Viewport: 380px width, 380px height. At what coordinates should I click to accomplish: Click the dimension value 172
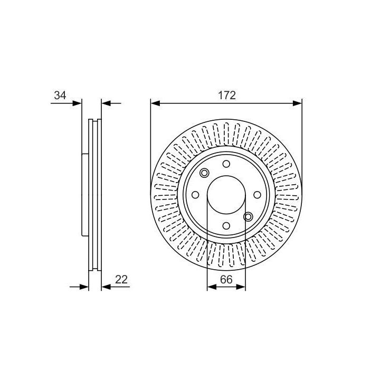[227, 95]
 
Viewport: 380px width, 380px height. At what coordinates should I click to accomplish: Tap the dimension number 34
[60, 95]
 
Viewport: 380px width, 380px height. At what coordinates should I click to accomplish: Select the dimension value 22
[121, 280]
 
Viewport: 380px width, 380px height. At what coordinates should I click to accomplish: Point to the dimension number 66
[226, 280]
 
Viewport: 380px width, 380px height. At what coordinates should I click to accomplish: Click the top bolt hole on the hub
[226, 164]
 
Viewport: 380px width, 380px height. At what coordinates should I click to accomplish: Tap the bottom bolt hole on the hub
[226, 226]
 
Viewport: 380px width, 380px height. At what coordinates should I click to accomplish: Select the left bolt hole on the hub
[195, 195]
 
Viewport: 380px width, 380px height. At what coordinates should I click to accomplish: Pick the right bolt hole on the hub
[257, 195]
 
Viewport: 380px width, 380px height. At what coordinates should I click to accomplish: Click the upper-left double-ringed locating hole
[204, 173]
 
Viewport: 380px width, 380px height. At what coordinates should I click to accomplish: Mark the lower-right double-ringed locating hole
[248, 217]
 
